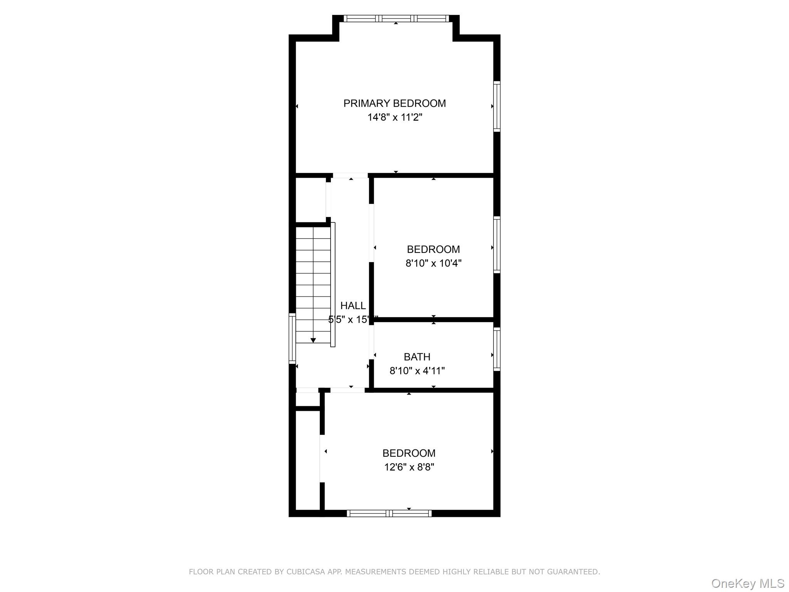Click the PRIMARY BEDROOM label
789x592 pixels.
[x=394, y=103]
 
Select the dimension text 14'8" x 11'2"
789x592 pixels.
[x=394, y=117]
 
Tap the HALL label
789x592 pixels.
[x=353, y=306]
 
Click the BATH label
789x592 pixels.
[x=417, y=357]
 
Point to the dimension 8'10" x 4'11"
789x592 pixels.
[x=417, y=371]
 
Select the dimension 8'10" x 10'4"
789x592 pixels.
[x=433, y=263]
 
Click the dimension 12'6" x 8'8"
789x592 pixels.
[x=409, y=467]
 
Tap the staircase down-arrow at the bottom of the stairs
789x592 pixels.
[x=313, y=340]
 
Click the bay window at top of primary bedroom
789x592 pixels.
[x=396, y=18]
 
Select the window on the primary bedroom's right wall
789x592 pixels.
[x=497, y=106]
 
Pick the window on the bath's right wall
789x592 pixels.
[x=497, y=349]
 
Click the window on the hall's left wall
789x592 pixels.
[x=292, y=338]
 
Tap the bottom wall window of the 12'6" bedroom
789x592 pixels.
[x=389, y=513]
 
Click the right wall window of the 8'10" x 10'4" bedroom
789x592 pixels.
[x=497, y=245]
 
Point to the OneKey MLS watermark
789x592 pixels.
[x=747, y=583]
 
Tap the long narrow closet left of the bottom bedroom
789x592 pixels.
[x=307, y=461]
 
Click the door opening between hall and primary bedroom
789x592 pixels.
[x=351, y=175]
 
